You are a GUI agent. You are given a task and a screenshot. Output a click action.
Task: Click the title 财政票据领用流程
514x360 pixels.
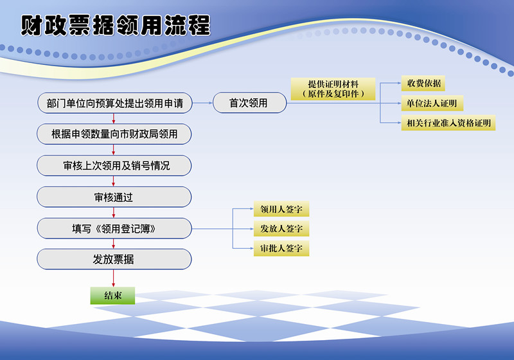[x=116, y=25]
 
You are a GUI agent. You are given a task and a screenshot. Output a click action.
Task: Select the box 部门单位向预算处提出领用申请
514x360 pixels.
[x=115, y=103]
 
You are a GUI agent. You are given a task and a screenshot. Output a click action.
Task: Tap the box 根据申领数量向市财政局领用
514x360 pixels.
[x=114, y=134]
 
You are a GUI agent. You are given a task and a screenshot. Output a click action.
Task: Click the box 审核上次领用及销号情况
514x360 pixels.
[x=114, y=165]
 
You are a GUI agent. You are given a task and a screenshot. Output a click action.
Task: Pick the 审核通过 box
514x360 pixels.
[x=114, y=197]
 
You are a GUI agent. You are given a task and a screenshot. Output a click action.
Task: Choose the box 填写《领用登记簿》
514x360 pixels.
[x=114, y=228]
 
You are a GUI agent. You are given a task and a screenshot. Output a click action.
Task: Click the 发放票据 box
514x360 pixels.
[x=114, y=259]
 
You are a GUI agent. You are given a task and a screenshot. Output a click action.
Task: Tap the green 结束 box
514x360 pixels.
[x=113, y=296]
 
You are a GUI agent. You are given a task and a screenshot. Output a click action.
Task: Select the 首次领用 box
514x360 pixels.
[x=250, y=103]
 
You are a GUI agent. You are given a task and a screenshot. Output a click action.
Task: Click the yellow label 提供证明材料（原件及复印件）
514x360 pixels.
[x=333, y=89]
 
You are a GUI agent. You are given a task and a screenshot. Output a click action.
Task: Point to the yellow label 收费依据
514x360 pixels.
[x=423, y=84]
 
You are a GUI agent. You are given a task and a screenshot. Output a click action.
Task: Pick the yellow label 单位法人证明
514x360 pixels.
[x=432, y=104]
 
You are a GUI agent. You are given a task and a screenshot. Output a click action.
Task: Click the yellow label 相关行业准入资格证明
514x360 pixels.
[x=448, y=123]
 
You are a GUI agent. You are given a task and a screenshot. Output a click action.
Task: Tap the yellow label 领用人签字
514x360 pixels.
[x=281, y=209]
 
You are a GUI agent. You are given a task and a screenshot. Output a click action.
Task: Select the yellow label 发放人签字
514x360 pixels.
[x=281, y=228]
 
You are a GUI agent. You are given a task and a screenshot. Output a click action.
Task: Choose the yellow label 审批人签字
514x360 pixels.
[x=281, y=248]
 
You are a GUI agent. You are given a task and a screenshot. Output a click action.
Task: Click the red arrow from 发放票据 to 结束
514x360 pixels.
[x=114, y=278]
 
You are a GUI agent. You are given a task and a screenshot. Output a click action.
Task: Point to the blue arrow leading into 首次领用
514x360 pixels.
[x=202, y=103]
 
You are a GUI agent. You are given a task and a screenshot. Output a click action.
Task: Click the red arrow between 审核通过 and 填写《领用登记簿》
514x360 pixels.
[x=114, y=212]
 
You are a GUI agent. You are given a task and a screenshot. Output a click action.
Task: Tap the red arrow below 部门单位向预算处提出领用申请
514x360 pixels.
[x=114, y=118]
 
